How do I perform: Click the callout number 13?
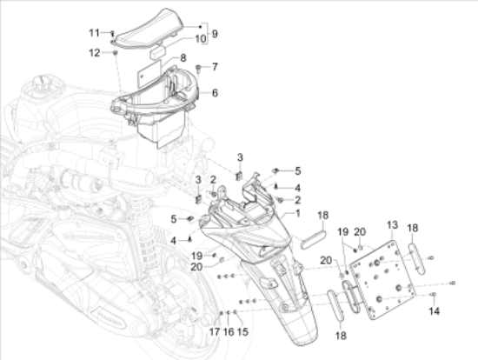coord(392,225)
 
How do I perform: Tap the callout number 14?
coord(434,311)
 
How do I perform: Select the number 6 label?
coord(215,93)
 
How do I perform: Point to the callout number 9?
coord(215,34)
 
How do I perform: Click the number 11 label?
coord(94,33)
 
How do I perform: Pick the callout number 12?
coord(94,53)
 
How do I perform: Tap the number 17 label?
coord(215,331)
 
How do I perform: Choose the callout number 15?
coord(242,331)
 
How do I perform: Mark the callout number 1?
coord(297,214)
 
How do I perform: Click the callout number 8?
coord(183,58)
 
